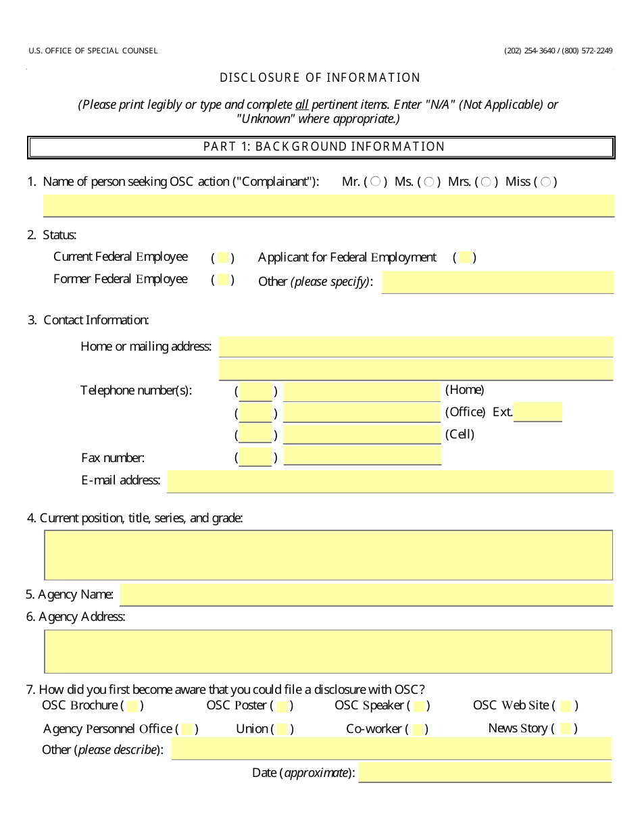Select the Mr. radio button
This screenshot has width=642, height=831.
pos(376,181)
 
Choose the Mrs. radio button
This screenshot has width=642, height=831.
pos(486,181)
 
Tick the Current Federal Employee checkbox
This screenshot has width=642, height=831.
pos(222,257)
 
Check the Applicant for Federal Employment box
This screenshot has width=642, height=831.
pos(464,257)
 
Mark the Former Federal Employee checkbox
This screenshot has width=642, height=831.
pos(222,280)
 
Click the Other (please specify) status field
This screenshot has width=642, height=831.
pos(497,282)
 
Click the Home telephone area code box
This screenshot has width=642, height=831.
pos(255,392)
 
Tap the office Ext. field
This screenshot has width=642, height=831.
pos(537,412)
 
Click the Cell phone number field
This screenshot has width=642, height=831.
pos(362,434)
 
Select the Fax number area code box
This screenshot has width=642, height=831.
pos(255,457)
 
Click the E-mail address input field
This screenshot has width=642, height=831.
pos(389,481)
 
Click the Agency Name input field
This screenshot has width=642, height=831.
pos(366,595)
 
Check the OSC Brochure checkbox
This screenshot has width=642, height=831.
pos(132,706)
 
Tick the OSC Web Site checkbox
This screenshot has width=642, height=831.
pos(566,706)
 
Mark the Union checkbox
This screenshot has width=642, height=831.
pos(282,729)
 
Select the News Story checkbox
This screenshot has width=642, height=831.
pos(566,728)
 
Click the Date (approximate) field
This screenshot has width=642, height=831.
pos(485,772)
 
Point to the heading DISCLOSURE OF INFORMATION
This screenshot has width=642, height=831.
pos(320,78)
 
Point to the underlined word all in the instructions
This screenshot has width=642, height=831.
pos(302,105)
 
